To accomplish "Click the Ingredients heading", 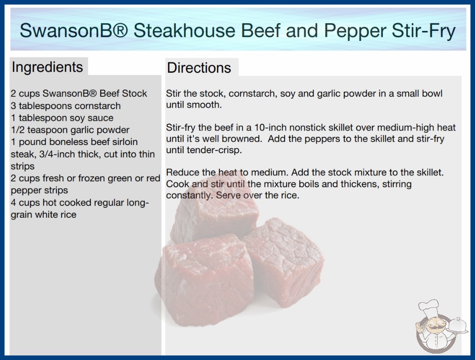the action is (x=47, y=67).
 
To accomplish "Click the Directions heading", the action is (x=199, y=68).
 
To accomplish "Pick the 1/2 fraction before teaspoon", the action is (x=18, y=130).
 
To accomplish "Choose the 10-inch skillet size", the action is (x=273, y=127).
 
